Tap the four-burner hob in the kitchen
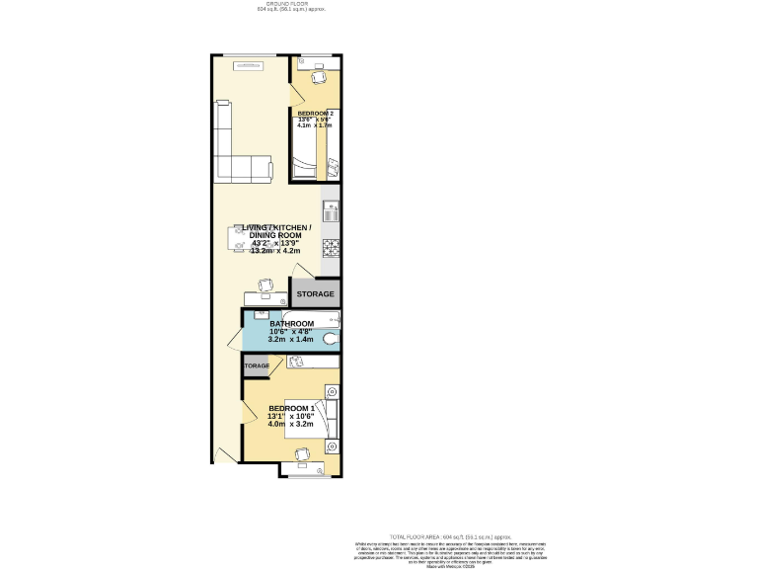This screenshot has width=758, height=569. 331,247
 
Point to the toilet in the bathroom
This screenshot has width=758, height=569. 330,338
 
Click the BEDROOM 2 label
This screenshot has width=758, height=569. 316,114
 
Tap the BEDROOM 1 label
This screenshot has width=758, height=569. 291,409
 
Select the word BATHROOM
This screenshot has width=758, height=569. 291,324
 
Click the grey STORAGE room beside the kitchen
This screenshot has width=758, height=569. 316,294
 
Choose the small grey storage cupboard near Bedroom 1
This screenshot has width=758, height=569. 257,366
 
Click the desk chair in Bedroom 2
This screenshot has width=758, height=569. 319,78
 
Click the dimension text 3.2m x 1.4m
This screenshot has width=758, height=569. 291,340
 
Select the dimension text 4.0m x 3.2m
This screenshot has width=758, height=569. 290,425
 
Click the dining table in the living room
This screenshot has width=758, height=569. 242,238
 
